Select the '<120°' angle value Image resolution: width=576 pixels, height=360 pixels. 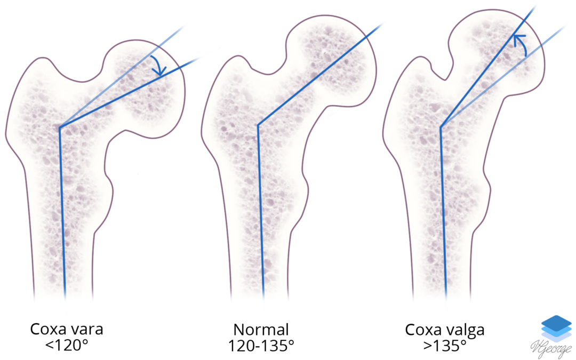(67, 345)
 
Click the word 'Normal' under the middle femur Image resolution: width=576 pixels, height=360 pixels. (261, 329)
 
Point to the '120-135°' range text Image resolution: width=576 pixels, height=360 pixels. (261, 345)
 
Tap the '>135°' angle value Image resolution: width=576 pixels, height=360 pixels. (446, 345)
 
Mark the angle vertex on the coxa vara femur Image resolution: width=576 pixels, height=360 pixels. (59, 127)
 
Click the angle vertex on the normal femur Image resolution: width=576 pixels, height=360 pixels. (258, 126)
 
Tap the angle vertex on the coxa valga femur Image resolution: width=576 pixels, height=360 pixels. (441, 127)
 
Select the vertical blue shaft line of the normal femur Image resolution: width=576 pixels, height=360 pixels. (260, 213)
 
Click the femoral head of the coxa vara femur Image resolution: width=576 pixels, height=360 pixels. (149, 88)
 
